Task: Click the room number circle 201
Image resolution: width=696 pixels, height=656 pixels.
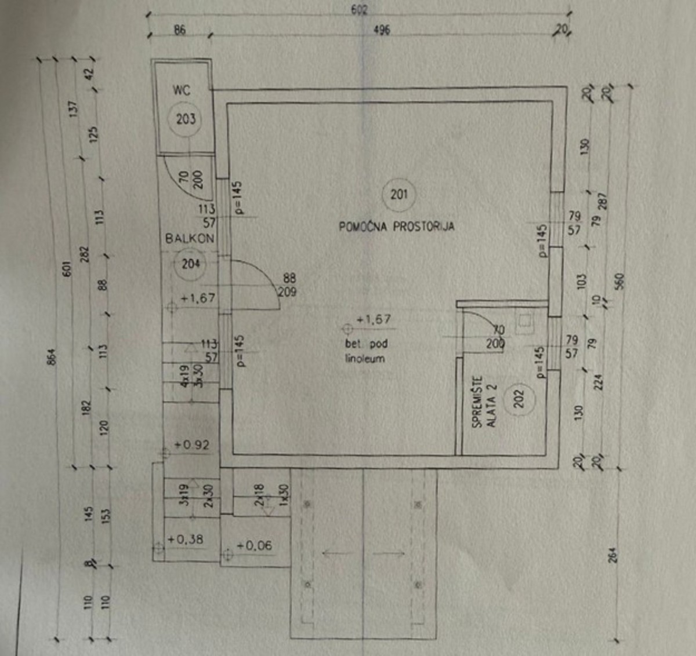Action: tap(399, 195)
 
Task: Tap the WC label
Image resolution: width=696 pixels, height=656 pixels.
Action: tap(182, 90)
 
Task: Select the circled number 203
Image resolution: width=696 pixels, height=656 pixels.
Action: tap(186, 119)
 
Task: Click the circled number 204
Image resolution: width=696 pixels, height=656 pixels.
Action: tap(191, 264)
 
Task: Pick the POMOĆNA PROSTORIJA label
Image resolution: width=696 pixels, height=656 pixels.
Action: tap(397, 226)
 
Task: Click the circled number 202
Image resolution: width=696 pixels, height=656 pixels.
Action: tap(519, 398)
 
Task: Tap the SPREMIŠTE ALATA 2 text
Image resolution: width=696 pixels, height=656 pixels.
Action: tap(484, 402)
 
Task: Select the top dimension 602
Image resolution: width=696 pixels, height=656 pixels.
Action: tap(359, 10)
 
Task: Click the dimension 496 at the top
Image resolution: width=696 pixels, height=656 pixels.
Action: tap(381, 30)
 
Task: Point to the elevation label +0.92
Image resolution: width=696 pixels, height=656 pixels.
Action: tap(192, 445)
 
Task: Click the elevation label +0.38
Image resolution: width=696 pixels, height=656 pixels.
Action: tap(186, 540)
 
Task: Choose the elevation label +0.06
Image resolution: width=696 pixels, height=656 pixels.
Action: tap(254, 546)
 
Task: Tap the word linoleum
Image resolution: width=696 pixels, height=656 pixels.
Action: tap(365, 359)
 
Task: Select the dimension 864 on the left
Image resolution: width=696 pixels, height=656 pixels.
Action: tap(51, 356)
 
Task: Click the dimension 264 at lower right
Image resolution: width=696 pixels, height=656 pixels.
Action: tap(614, 555)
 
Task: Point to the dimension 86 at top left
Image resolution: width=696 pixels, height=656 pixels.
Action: tap(180, 30)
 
